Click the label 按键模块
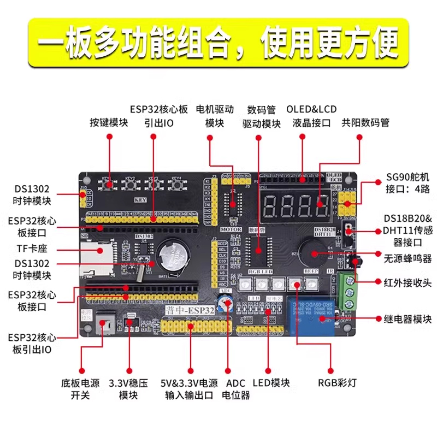[x=109, y=122]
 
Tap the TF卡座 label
[x=33, y=250]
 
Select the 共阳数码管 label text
[x=365, y=122]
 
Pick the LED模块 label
[x=269, y=382]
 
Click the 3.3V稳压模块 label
[x=128, y=388]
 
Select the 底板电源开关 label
[x=80, y=388]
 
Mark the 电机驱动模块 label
[x=215, y=116]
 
